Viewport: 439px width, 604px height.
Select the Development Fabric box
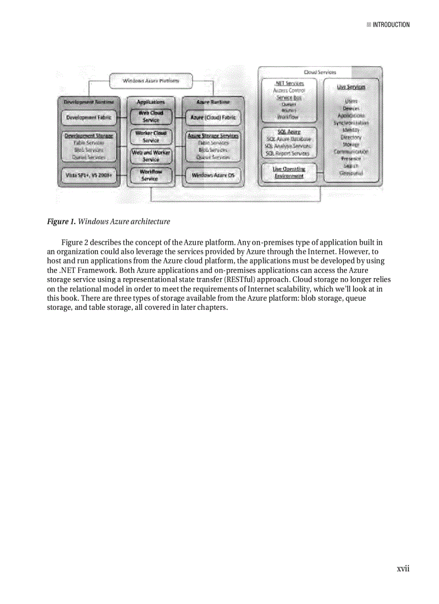click(89, 117)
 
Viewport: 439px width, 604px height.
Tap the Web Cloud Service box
click(151, 117)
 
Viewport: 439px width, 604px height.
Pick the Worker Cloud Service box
click(151, 136)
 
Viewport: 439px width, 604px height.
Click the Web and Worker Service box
click(151, 156)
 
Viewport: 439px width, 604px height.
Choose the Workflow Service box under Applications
click(151, 175)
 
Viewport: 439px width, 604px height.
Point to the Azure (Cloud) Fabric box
click(214, 117)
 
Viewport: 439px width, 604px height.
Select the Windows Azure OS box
click(213, 175)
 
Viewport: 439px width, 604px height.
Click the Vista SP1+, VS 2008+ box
click(89, 175)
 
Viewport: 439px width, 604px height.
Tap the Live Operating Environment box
click(289, 172)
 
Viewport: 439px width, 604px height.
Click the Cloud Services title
click(320, 72)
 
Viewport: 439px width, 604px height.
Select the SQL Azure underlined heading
click(289, 132)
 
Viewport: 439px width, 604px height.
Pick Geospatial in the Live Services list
click(351, 173)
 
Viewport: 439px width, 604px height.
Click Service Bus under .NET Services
click(289, 98)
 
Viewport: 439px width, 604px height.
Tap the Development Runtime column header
click(89, 102)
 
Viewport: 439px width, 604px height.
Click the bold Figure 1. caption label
click(61, 222)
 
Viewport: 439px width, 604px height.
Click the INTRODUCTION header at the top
click(391, 25)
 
